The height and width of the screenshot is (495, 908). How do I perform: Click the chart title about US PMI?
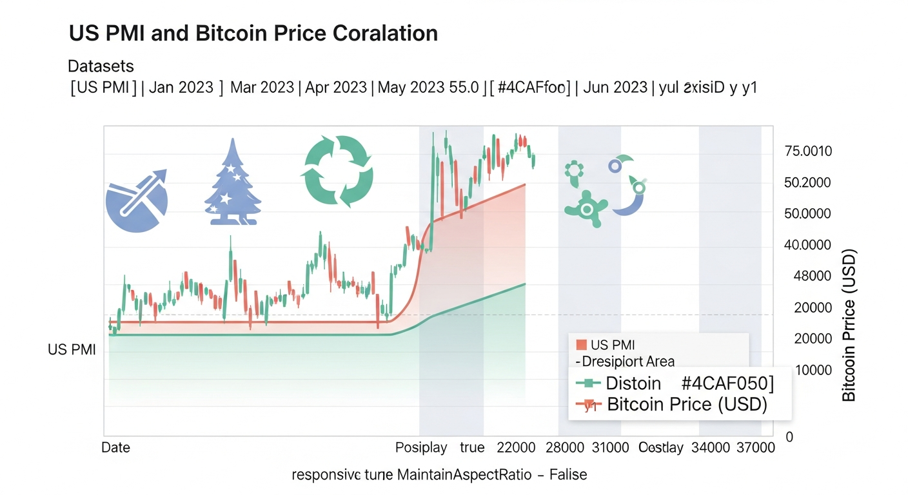pyautogui.click(x=253, y=34)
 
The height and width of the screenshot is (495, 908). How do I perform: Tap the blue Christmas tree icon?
pyautogui.click(x=232, y=183)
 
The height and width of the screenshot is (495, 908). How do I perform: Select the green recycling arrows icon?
pyautogui.click(x=337, y=170)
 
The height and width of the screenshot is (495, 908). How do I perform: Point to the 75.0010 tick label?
pyautogui.click(x=808, y=151)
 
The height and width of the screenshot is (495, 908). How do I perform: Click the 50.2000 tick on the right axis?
pyautogui.click(x=807, y=183)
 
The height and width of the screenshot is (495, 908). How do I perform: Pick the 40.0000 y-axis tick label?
pyautogui.click(x=807, y=246)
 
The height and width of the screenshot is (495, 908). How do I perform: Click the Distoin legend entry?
pyautogui.click(x=633, y=383)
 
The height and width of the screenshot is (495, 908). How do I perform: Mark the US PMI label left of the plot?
pyautogui.click(x=72, y=350)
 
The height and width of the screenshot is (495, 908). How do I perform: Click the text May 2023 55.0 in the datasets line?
pyautogui.click(x=429, y=88)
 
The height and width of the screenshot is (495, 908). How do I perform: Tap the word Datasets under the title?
pyautogui.click(x=101, y=66)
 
